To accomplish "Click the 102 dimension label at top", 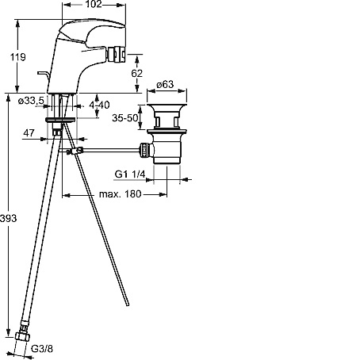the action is coord(94,4).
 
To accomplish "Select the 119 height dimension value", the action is coord(18,57).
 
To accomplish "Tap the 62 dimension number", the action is coord(136,73).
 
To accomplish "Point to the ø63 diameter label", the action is coord(165,85).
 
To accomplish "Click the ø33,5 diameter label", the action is coord(31,101).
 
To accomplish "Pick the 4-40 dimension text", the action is coord(99,105).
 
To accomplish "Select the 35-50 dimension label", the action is coord(125,117).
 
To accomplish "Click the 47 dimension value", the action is coord(29,132).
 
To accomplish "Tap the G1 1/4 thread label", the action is coord(130,174).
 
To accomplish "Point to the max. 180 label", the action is coord(121,194).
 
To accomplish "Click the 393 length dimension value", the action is coord(8,218).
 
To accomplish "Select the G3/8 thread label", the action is coord(42,349).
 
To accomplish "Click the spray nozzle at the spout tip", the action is coord(116,54).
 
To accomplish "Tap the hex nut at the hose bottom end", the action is coord(22,336).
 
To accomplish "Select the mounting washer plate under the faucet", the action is coord(60,120).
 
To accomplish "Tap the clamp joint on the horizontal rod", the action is coord(75,151).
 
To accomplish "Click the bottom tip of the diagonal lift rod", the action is coord(128,304).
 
